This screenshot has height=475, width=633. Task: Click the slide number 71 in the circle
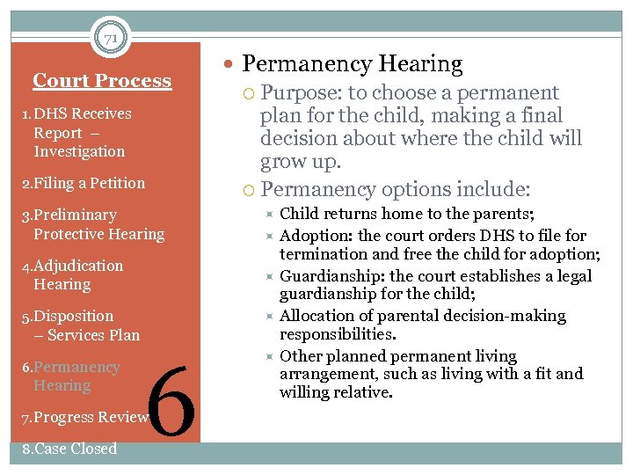[x=111, y=38]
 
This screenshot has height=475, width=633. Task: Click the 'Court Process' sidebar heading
[x=102, y=81]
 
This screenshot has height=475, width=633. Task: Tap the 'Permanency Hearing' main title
[x=352, y=64]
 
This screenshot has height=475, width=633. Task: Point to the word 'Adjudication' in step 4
[x=78, y=266]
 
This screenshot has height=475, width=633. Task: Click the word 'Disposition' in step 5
[x=74, y=316]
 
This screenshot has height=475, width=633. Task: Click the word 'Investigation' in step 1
[x=79, y=151]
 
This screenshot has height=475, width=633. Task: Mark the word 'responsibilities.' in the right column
[x=338, y=334]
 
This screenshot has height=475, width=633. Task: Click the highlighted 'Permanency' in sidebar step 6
[x=76, y=367]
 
